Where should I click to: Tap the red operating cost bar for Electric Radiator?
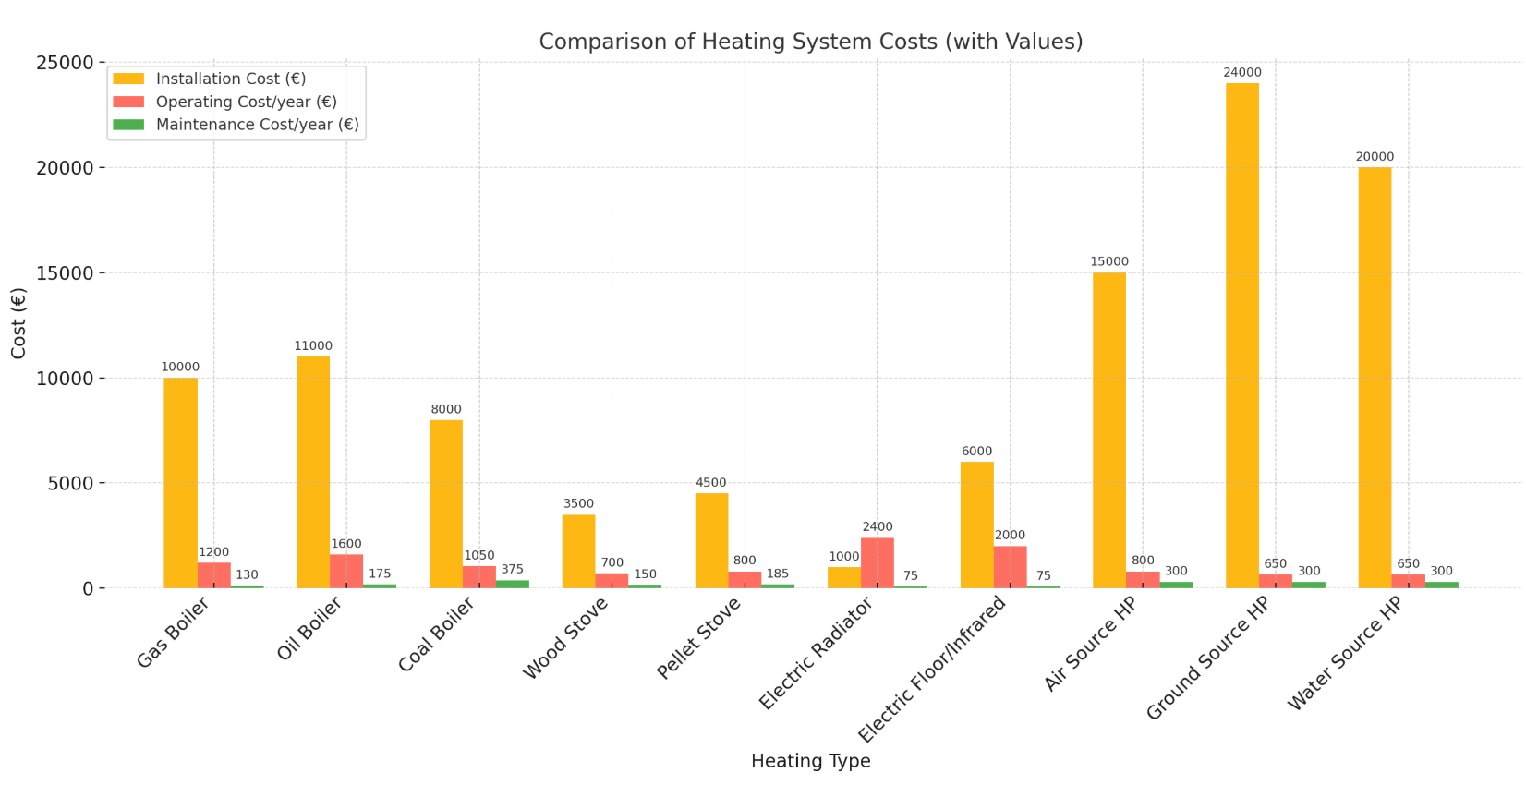tap(877, 562)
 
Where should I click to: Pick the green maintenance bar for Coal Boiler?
tap(512, 584)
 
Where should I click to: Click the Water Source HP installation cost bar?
tap(1375, 378)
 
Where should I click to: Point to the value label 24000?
tap(1241, 73)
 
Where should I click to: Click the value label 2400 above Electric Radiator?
tap(878, 527)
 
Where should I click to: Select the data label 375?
tap(512, 570)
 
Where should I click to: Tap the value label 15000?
tap(1108, 262)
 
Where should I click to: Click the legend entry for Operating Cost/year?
tap(246, 102)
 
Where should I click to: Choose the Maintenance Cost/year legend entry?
tap(257, 125)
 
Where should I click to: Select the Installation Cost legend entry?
tap(231, 79)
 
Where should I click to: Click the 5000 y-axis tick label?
tap(69, 483)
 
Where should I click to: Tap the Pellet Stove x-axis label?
tap(699, 638)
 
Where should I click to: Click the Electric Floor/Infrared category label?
tap(932, 670)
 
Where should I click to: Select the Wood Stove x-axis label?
tap(565, 638)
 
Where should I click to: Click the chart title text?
tap(810, 42)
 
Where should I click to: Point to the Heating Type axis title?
tap(810, 761)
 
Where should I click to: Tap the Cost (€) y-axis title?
tap(18, 323)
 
